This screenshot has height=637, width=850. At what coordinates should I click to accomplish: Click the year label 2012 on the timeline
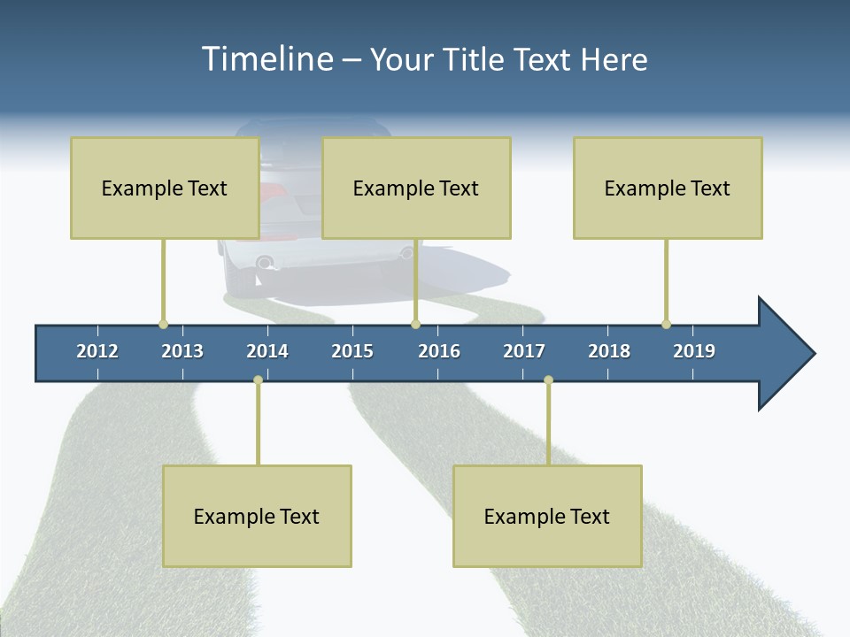pyautogui.click(x=97, y=351)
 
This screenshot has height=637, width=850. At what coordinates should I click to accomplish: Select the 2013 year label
pyautogui.click(x=182, y=351)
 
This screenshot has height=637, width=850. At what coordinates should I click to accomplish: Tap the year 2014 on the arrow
pyautogui.click(x=267, y=351)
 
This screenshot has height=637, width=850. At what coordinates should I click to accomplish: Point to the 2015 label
pyautogui.click(x=352, y=351)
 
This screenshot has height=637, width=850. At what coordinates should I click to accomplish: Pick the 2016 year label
pyautogui.click(x=439, y=351)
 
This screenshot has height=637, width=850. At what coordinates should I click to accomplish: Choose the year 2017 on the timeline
pyautogui.click(x=524, y=351)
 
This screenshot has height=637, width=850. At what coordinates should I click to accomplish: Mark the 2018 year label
pyautogui.click(x=609, y=351)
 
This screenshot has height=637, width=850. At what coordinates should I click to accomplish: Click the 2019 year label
pyautogui.click(x=694, y=351)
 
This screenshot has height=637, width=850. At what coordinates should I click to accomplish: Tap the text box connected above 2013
pyautogui.click(x=165, y=188)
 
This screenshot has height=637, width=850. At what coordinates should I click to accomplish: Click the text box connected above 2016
pyautogui.click(x=416, y=188)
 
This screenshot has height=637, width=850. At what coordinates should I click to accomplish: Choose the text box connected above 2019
pyautogui.click(x=668, y=188)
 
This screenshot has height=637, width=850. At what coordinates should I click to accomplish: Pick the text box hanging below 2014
pyautogui.click(x=257, y=516)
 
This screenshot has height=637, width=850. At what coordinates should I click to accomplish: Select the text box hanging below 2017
pyautogui.click(x=547, y=516)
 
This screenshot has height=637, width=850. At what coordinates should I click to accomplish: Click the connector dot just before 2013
pyautogui.click(x=163, y=324)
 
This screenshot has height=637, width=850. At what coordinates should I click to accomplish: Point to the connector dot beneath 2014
pyautogui.click(x=258, y=380)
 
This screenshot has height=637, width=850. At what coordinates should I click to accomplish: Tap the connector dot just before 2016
pyautogui.click(x=415, y=324)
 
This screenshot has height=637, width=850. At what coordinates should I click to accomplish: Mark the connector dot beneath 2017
pyautogui.click(x=548, y=380)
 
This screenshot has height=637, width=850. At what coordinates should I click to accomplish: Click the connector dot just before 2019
pyautogui.click(x=666, y=324)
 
